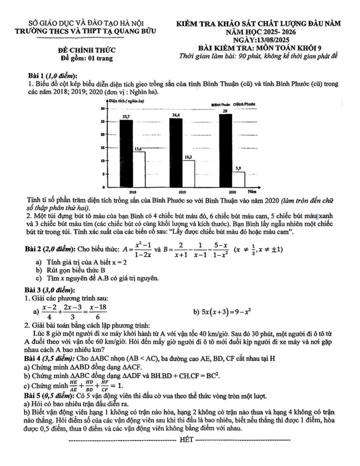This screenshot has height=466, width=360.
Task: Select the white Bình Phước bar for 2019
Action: [x=188, y=173]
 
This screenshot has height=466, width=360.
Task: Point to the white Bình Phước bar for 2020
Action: [x=238, y=179]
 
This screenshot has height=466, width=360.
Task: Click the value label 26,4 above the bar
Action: [x=176, y=115]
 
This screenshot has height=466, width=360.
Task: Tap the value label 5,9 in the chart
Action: [x=238, y=168]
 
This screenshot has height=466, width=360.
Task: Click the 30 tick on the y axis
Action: [x=102, y=109]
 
